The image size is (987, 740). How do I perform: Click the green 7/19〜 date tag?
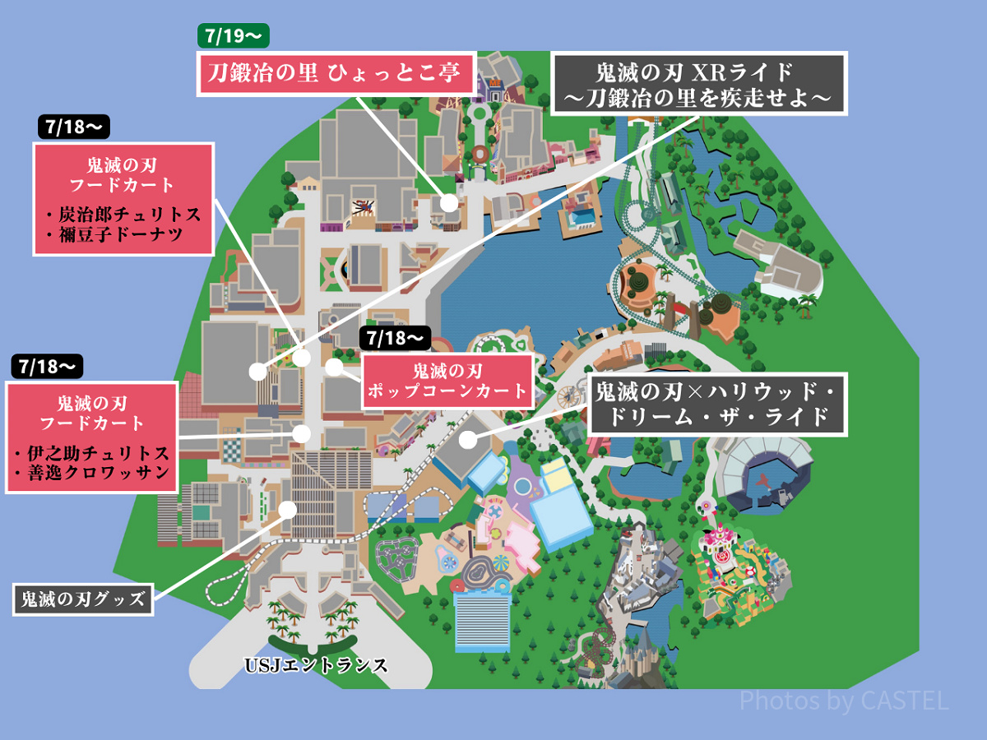234,36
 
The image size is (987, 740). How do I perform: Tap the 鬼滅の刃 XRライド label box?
699,84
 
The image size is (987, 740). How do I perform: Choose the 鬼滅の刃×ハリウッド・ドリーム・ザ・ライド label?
716,405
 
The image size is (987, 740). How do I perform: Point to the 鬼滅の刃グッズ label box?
83,599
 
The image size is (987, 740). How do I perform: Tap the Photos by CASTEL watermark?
844,701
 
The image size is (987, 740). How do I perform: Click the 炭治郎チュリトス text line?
123,215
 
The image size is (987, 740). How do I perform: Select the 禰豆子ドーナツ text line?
123,236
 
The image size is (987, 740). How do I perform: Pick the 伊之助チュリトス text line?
91,454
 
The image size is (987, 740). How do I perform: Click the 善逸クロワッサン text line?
91,474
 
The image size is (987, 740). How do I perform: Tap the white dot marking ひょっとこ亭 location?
448,202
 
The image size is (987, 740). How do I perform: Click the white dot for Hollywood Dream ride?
468,439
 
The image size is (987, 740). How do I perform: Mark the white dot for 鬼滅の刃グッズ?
288,509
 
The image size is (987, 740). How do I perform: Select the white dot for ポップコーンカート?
334,367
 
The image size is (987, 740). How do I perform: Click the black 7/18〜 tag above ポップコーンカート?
396,338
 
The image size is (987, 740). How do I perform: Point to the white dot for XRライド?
257,372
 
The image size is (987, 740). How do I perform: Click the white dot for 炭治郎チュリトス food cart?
302,358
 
